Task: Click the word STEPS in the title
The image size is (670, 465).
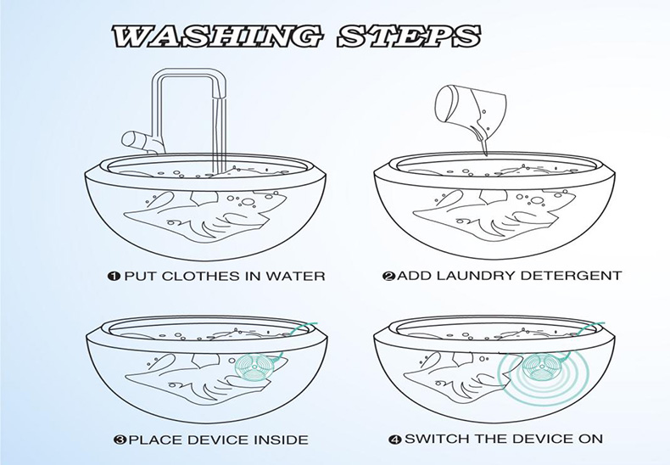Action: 409,36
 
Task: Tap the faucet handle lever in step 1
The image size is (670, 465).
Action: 136,139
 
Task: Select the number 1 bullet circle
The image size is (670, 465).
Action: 114,276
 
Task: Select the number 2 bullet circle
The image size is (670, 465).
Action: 389,276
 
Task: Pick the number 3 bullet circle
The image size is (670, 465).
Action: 120,440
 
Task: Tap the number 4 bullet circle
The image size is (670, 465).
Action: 395,439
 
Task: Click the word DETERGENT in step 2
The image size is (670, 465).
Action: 572,275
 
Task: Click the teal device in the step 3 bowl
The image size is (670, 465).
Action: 253,367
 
